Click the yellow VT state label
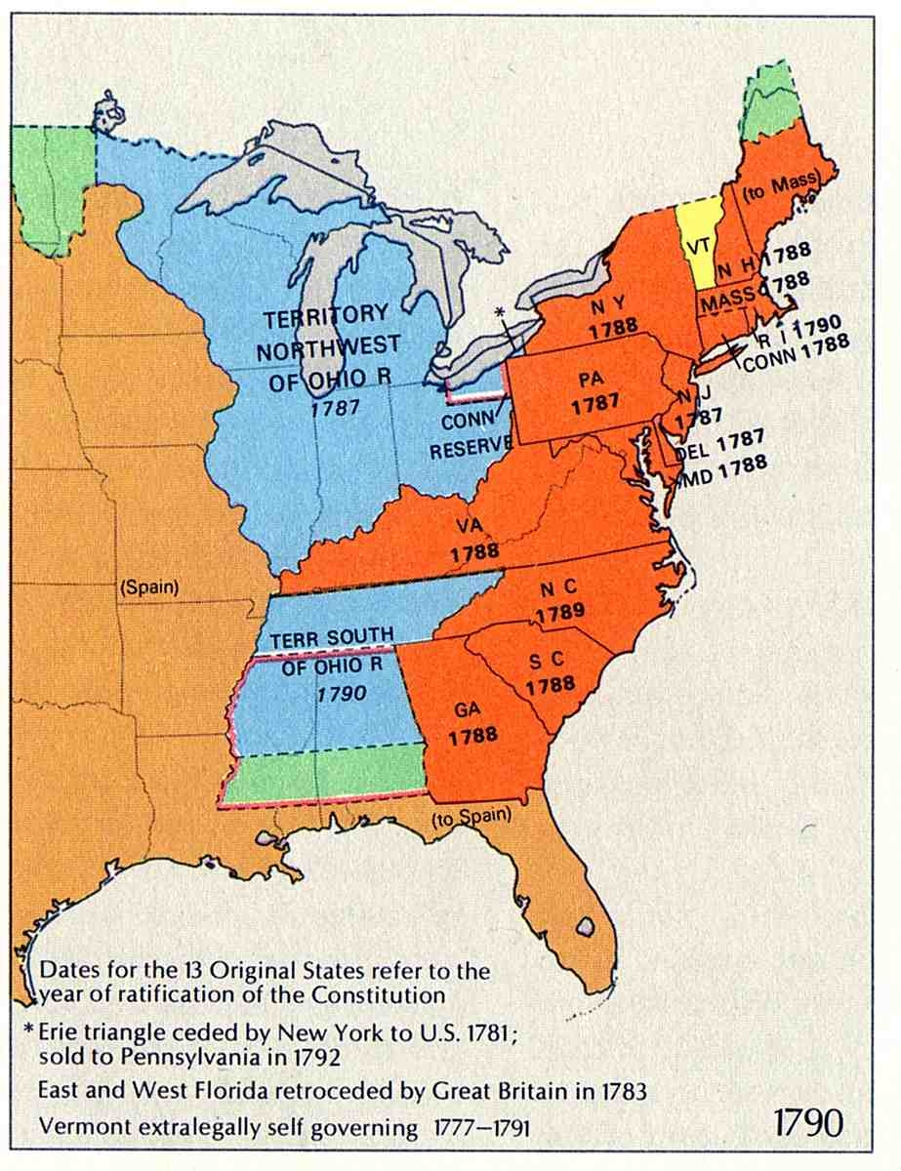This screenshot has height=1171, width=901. [x=697, y=246]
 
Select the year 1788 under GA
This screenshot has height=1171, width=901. [x=473, y=736]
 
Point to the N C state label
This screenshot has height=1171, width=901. [x=557, y=590]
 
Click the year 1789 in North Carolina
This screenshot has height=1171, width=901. [x=559, y=613]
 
